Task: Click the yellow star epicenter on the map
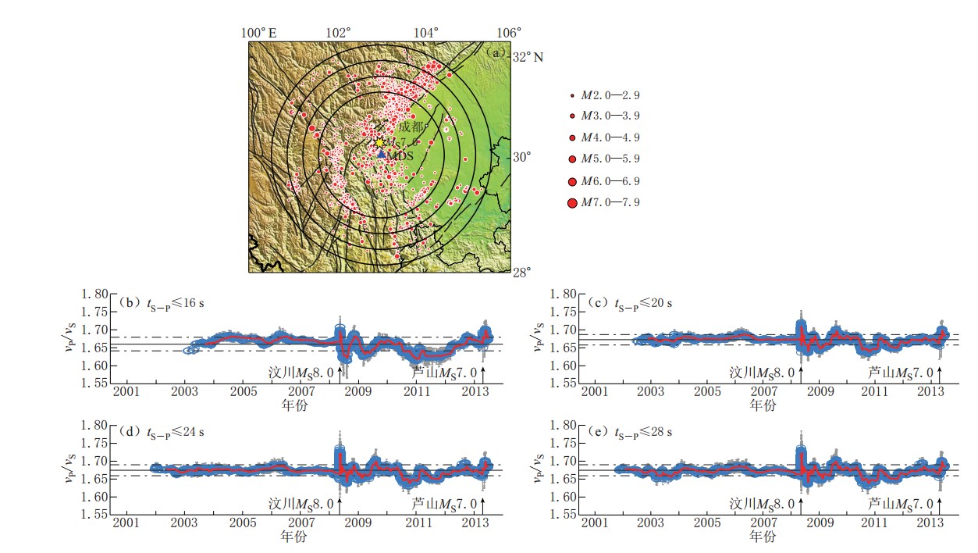coord(379,143)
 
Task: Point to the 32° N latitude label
coord(528,57)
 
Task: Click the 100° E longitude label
coord(259,33)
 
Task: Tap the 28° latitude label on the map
coord(521,272)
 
